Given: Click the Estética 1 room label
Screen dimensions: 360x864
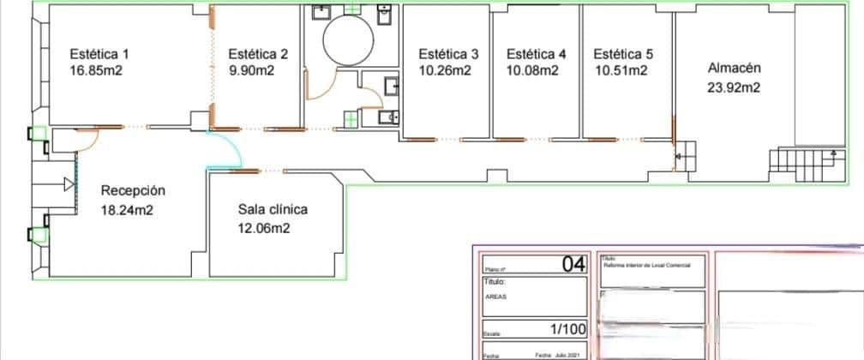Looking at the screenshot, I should [99, 53].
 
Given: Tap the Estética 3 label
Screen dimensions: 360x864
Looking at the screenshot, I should [448, 53].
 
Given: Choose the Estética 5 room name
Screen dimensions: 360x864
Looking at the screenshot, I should [623, 53].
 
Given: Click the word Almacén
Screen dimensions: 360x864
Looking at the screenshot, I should [734, 68].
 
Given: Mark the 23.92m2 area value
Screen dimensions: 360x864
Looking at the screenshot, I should [735, 87].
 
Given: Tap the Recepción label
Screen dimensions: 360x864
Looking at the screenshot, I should [133, 190].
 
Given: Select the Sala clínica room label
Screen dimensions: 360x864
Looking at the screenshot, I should [273, 209].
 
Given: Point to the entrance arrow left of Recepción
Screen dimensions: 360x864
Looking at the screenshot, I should [68, 183].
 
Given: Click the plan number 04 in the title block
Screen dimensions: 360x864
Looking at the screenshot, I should [573, 264].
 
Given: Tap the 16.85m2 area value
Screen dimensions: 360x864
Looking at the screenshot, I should [95, 70].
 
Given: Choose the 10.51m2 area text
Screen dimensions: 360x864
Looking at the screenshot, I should [620, 70].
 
